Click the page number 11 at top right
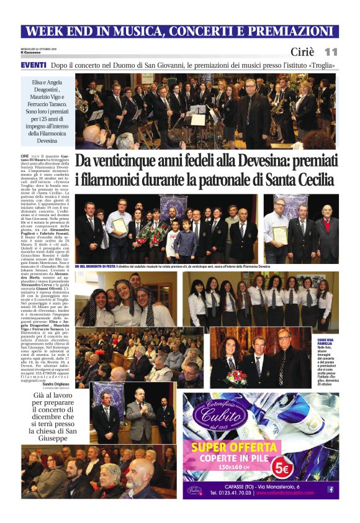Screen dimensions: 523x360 (331, 52)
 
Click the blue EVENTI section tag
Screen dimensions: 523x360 (33, 65)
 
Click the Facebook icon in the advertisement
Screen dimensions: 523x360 (331, 489)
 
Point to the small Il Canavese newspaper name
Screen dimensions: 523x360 (30, 52)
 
